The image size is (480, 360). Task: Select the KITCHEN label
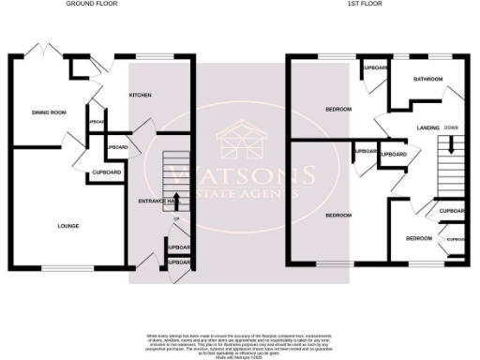pyautogui.click(x=140, y=95)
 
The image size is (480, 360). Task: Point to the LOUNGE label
pyautogui.click(x=67, y=226)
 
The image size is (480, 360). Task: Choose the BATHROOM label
pyautogui.click(x=428, y=80)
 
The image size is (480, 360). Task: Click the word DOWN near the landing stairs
pyautogui.click(x=452, y=127)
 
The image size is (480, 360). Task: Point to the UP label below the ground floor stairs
pyautogui.click(x=176, y=219)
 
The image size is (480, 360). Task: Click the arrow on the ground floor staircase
pyautogui.click(x=176, y=200)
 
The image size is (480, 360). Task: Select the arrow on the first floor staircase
pyautogui.click(x=452, y=144)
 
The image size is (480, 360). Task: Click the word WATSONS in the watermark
pyautogui.click(x=241, y=175)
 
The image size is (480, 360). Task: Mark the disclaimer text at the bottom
pyautogui.click(x=240, y=342)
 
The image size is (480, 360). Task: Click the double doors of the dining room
pyautogui.click(x=43, y=52)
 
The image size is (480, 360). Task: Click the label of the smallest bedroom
pyautogui.click(x=418, y=238)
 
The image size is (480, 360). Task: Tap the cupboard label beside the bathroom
pyautogui.click(x=376, y=68)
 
